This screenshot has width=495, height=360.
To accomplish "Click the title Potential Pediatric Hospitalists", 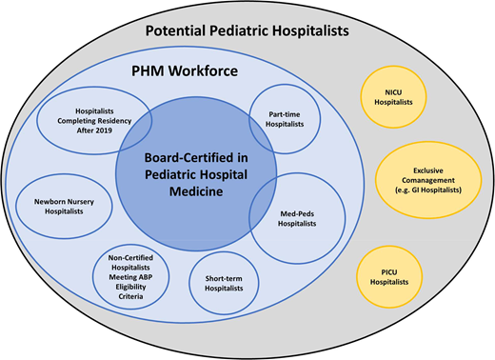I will point(247,30).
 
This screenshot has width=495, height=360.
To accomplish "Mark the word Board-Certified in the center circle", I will point(196,161).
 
